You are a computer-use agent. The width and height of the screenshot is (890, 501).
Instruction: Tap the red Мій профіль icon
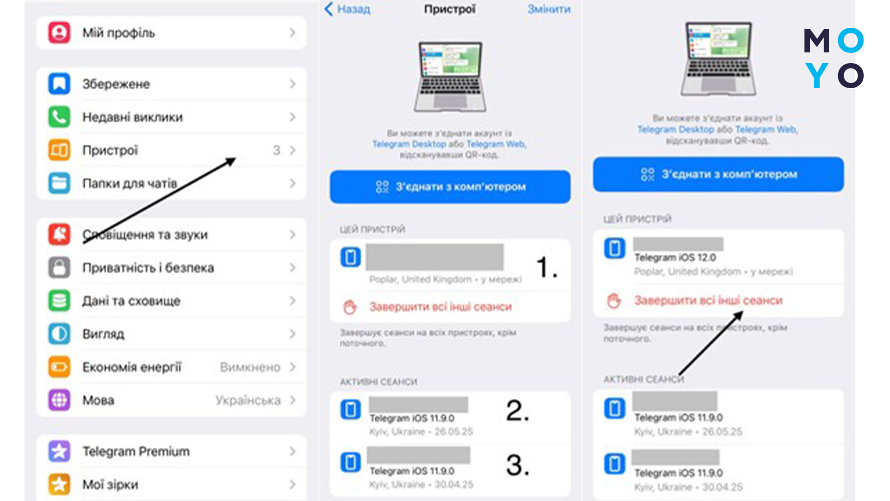[59, 33]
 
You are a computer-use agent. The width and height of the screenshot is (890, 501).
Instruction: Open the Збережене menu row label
[116, 84]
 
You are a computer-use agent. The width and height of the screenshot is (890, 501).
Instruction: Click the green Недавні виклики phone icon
[59, 117]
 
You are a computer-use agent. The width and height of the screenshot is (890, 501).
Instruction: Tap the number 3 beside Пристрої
[276, 150]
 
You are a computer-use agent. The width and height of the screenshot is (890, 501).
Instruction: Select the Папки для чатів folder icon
[59, 183]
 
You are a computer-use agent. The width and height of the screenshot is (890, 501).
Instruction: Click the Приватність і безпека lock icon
[59, 268]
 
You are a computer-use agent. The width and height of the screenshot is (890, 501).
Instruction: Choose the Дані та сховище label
[131, 301]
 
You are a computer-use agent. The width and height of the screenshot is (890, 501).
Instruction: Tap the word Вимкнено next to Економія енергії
[250, 367]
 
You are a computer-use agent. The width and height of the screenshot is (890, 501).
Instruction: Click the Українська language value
[248, 400]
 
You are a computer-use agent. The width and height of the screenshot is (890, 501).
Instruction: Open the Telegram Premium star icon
[59, 451]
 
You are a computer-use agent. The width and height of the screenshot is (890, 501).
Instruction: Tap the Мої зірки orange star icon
[59, 484]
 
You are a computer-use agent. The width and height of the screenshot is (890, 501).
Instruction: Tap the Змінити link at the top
[549, 9]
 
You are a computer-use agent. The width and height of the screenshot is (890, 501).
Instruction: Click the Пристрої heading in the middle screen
[450, 9]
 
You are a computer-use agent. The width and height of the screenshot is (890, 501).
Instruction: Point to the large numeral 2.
[517, 411]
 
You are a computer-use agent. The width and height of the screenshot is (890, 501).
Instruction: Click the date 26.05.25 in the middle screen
[453, 431]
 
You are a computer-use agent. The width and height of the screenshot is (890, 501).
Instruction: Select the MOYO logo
[833, 58]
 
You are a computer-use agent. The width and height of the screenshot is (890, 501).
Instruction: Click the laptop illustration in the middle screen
[450, 77]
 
